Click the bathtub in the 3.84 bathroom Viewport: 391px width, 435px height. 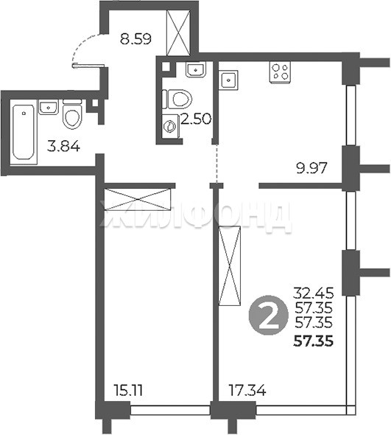click(x=24, y=132)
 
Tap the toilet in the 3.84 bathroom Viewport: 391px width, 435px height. click(x=72, y=114)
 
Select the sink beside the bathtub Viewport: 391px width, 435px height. click(x=49, y=107)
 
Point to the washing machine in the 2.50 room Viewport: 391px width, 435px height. click(x=171, y=126)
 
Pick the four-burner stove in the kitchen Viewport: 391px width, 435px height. click(x=280, y=72)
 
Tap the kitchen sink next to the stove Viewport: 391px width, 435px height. click(x=228, y=80)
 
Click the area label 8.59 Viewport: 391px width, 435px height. click(x=135, y=38)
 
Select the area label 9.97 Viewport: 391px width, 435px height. click(x=311, y=168)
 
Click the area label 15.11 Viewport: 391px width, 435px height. click(x=128, y=391)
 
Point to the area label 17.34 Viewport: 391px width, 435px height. click(x=247, y=391)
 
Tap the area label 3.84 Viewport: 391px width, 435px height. click(x=63, y=146)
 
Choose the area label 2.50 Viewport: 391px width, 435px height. click(x=196, y=119)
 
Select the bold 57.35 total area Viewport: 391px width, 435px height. click(x=313, y=341)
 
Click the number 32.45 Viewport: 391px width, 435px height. click(x=314, y=293)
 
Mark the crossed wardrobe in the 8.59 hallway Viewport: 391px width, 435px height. click(x=178, y=32)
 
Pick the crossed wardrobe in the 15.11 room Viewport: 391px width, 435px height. click(x=138, y=199)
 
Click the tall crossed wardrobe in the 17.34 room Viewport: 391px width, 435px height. click(x=230, y=265)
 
